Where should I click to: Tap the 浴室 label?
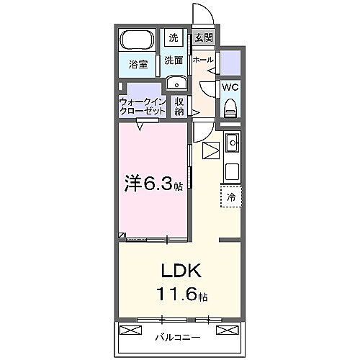point(138,64)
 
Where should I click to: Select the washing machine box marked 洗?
point(174,37)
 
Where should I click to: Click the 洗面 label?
point(174,61)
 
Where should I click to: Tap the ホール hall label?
point(202,60)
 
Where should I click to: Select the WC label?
point(230,88)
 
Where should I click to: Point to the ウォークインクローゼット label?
point(143,107)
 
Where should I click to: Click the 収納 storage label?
point(179,107)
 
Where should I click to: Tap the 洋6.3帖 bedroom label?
point(153,184)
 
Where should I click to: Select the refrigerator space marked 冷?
point(231,197)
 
